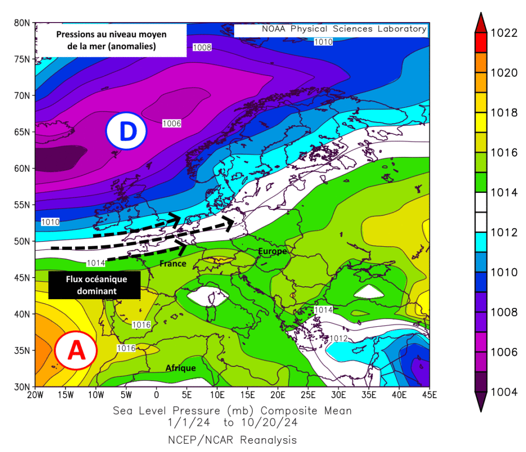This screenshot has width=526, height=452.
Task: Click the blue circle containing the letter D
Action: (126, 131)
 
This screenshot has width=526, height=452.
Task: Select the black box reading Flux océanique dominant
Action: (95, 285)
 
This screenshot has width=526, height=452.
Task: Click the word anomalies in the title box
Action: (133, 47)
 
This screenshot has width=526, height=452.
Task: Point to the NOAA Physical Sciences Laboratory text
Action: (344, 29)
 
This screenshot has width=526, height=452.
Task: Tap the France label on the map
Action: (173, 263)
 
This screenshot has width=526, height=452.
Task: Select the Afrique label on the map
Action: (180, 368)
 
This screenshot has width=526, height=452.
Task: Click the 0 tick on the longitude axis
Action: (157, 395)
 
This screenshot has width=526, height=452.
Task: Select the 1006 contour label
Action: (172, 123)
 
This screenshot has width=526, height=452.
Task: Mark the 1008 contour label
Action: (202, 47)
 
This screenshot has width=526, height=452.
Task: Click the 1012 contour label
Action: (339, 338)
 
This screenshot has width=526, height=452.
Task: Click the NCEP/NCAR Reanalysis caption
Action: (232, 440)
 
